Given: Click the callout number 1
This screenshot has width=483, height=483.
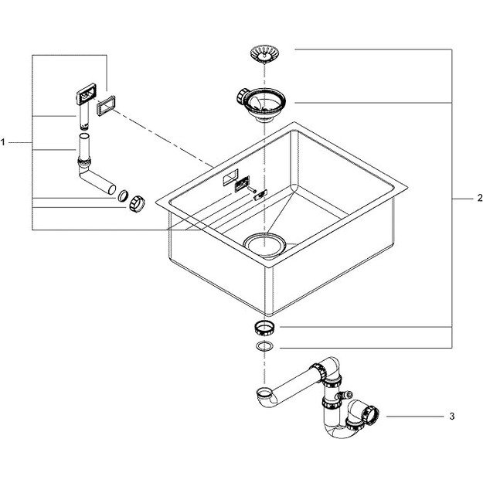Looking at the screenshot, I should click(x=4, y=143).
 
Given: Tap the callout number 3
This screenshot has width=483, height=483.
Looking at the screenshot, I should click(x=451, y=417).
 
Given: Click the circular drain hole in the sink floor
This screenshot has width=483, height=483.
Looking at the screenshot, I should click(x=265, y=242).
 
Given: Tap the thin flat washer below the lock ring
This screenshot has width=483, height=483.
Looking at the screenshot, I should click(x=264, y=345).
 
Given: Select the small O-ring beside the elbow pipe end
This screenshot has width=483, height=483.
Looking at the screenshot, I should click(x=124, y=194).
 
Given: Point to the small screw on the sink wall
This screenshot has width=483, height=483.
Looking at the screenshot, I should click(x=258, y=194).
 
